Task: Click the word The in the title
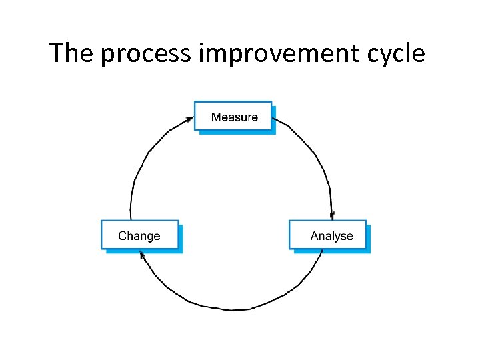coord(71,53)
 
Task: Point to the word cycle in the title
coord(396,54)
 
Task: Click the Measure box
coord(233,116)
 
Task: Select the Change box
coord(139,235)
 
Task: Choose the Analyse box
coord(327,235)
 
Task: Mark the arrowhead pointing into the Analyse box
coord(332,215)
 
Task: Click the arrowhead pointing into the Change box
coord(141,254)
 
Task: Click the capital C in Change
coord(123,236)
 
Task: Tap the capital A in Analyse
coord(315,236)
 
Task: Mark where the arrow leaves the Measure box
coord(275,121)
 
